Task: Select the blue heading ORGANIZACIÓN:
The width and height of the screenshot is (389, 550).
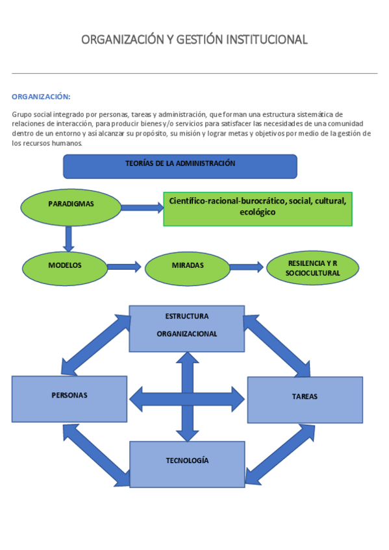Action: (41, 97)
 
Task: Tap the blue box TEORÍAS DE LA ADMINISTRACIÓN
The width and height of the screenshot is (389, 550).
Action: (180, 166)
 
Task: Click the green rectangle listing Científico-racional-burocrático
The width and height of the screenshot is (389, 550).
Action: (257, 208)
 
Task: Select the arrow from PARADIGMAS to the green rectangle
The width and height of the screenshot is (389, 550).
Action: (142, 208)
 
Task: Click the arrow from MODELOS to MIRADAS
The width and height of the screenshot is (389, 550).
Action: (124, 266)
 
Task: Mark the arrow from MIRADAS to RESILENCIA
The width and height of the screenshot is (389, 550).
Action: (247, 267)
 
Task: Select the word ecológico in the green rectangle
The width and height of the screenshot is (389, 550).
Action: (257, 213)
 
